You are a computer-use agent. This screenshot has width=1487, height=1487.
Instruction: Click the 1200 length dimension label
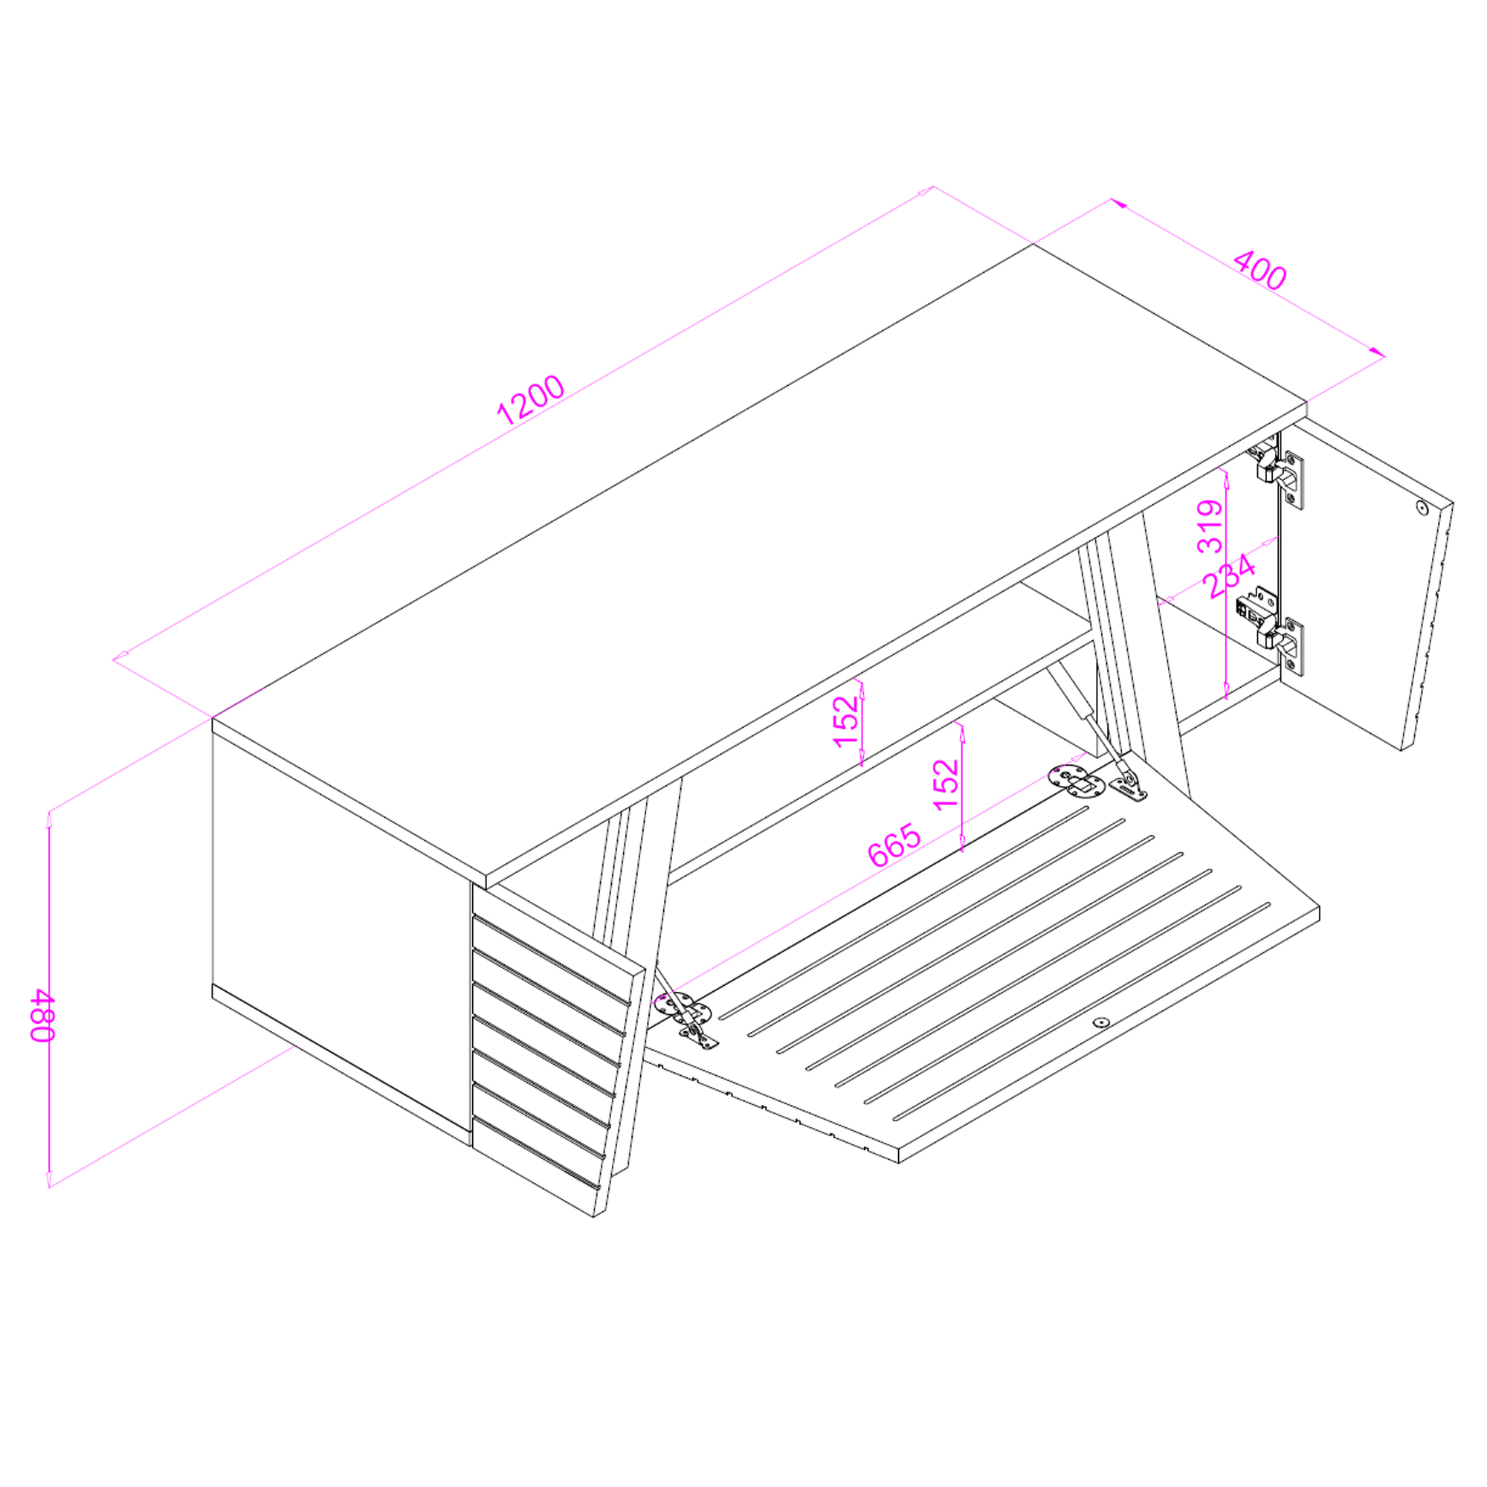tap(530, 399)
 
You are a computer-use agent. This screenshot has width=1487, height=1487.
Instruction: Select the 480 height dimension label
tap(42, 1015)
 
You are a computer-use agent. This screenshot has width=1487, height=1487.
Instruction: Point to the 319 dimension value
tap(1210, 526)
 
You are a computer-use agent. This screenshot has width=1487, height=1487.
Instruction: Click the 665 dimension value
tap(894, 845)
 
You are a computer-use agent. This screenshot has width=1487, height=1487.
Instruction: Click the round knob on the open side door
tap(1422, 507)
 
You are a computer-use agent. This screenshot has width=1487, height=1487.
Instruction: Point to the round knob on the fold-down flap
tap(1102, 1023)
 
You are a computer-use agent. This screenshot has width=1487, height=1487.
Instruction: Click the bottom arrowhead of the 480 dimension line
tap(49, 1179)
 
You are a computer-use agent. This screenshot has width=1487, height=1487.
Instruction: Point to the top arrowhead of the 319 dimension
tap(1226, 478)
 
